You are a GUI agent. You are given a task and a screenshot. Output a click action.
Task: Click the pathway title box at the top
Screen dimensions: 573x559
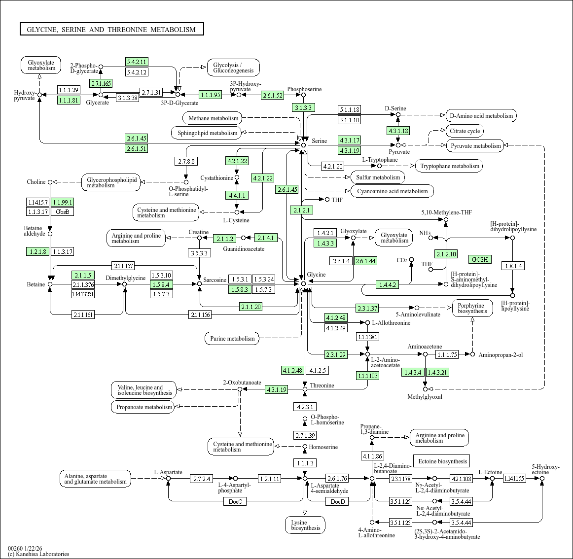pos(111,29)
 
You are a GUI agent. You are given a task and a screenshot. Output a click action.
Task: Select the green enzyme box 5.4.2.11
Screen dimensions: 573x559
pos(137,62)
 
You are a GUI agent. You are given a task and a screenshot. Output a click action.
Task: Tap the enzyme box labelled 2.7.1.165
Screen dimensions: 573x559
pos(101,83)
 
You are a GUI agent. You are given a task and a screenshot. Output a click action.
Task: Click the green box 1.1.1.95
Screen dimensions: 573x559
pos(211,95)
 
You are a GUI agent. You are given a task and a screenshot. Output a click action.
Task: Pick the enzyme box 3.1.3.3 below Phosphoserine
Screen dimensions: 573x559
pos(303,107)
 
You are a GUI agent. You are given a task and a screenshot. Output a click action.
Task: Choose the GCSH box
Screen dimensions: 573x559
pos(480,259)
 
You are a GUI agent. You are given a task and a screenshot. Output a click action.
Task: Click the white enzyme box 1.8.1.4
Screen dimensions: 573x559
pos(513,266)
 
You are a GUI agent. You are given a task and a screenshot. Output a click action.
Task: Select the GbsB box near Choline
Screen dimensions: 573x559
pos(63,211)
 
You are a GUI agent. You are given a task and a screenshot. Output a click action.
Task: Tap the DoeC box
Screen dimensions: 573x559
pos(235,502)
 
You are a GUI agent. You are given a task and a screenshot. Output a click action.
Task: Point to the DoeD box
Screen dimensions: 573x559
pos(338,502)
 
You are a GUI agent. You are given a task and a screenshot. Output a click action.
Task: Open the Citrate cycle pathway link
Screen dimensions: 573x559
pos(465,131)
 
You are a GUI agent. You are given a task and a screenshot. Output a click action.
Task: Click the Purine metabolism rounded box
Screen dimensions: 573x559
pos(232,338)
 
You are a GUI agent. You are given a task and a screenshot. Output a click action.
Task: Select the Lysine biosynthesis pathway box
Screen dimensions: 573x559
pos(305,525)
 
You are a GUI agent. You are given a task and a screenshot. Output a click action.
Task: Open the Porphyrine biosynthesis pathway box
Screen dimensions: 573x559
pos(472,309)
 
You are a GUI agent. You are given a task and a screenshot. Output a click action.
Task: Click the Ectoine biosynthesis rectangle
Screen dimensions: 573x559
pos(442,461)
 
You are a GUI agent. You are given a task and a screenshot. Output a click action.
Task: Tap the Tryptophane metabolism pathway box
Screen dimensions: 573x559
pos(450,166)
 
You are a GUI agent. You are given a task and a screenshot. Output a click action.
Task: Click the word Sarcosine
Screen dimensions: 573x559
pos(215,280)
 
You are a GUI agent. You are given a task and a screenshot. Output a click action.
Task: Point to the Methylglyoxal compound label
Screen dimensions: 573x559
pos(425,397)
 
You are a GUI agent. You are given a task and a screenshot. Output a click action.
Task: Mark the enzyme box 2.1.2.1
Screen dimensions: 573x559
pos(301,210)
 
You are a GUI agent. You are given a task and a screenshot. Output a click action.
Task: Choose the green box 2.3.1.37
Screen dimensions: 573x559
pos(367,308)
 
